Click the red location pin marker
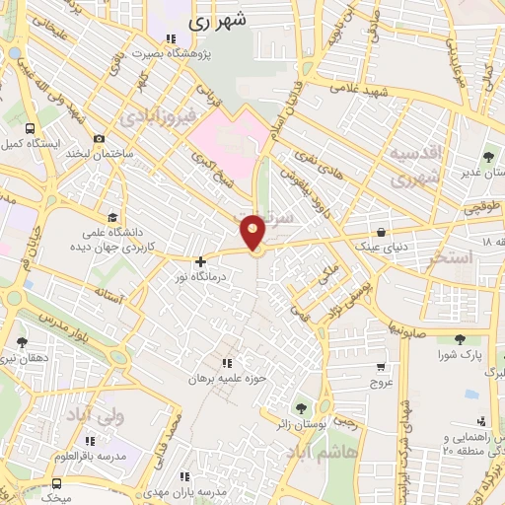tap(253, 232)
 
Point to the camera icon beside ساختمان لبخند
tap(98, 139)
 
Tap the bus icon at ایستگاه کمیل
tap(30, 129)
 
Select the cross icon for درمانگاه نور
tap(201, 262)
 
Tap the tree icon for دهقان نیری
tap(22, 342)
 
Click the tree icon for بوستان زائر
tap(300, 407)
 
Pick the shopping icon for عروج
tap(380, 367)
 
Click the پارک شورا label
tap(455, 354)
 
